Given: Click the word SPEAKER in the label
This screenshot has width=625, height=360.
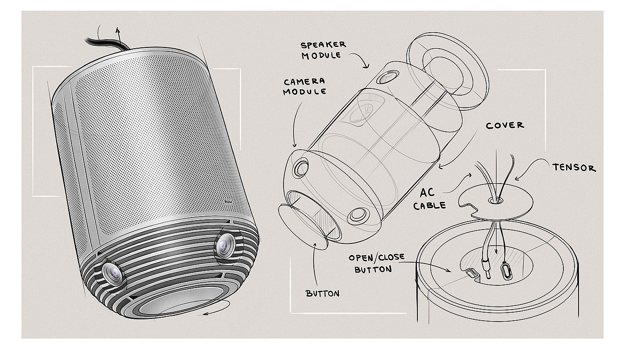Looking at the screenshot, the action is pos(323,45).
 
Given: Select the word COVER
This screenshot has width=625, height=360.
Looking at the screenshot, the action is pos(504,126).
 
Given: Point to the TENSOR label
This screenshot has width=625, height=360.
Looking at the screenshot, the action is pos(574,168).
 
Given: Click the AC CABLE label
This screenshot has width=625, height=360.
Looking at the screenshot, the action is pos(430,198).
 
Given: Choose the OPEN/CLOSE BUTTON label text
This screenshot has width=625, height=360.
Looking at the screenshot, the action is pos(376,264).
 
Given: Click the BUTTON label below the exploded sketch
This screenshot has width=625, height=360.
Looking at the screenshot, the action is pos(322,293).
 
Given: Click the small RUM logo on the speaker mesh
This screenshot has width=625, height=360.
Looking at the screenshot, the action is pos(229,202).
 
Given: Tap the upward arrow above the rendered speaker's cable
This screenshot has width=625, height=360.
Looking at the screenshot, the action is pos(118,30).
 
